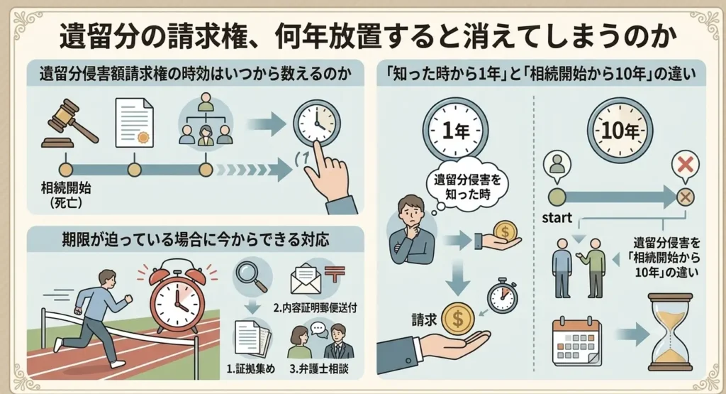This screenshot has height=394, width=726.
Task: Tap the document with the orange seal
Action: click(134, 122)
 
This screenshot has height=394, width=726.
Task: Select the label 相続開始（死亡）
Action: click(66, 195)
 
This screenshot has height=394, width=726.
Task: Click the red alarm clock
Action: click(177, 296)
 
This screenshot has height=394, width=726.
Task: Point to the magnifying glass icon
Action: click(252, 276)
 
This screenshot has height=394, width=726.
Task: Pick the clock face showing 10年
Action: click(620, 131)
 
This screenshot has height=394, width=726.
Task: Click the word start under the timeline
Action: click(557, 218)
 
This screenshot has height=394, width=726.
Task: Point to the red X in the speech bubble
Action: click(686, 165)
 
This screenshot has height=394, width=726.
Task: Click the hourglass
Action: click(670, 332)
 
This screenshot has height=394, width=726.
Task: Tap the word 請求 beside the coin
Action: click(424, 320)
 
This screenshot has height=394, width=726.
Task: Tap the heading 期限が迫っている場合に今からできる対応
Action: click(196, 240)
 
